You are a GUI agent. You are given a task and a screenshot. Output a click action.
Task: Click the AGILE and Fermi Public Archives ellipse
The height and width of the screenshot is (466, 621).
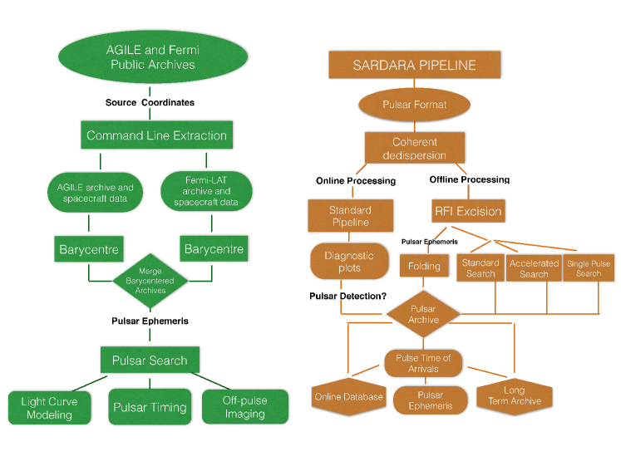tap(153, 57)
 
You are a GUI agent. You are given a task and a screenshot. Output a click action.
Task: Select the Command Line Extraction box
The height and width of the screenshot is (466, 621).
tap(157, 135)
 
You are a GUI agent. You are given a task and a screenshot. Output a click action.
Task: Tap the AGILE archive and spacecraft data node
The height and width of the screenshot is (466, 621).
tap(95, 193)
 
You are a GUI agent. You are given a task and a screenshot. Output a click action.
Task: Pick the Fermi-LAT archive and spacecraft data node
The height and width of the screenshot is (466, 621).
tap(206, 191)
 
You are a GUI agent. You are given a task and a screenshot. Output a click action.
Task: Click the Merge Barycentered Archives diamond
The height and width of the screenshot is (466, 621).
tap(150, 281)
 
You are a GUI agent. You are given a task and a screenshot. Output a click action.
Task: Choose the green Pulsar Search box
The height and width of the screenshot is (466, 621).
tap(150, 360)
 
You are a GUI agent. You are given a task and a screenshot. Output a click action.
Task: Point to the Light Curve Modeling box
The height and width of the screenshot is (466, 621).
tap(50, 408)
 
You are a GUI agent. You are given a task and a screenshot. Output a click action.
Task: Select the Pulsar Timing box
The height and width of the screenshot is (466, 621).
tap(150, 407)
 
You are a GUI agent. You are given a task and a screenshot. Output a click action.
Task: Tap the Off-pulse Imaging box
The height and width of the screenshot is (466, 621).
tap(245, 407)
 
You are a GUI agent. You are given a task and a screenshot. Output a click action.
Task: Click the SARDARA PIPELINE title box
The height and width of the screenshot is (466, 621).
tap(415, 65)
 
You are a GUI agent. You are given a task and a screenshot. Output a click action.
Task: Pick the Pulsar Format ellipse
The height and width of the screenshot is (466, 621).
tap(414, 105)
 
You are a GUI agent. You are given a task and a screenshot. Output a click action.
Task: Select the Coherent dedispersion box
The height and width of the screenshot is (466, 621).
tap(415, 148)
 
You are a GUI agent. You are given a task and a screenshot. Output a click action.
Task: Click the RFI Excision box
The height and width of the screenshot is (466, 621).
tap(468, 211)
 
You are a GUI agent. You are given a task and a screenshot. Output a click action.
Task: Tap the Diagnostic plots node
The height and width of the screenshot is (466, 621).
tap(349, 262)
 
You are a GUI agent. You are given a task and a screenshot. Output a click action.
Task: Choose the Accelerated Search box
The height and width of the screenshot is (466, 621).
tap(534, 268)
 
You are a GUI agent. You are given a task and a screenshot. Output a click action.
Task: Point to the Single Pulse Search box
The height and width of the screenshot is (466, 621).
tap(589, 268)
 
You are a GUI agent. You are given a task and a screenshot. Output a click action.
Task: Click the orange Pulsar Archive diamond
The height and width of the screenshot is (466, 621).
tap(423, 314)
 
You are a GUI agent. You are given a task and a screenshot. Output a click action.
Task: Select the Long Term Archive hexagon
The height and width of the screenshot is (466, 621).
tap(515, 395)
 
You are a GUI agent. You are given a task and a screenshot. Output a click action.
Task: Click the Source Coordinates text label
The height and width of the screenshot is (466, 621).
tap(150, 102)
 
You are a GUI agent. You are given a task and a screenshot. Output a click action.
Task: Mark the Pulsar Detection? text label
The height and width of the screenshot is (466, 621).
tap(347, 296)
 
